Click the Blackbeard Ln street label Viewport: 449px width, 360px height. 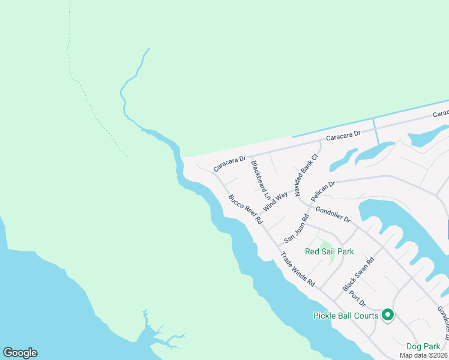pos(261,179)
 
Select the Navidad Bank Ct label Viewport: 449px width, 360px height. pos(306,172)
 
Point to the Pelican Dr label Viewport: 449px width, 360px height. pos(323,191)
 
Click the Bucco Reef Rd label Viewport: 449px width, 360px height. pos(246,209)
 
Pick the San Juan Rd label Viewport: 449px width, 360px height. pos(297,228)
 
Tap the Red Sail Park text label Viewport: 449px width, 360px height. pos(329,252)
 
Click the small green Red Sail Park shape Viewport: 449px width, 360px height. pos(325,244)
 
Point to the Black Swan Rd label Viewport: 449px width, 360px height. pos(358,275)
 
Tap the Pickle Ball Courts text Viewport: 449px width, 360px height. pos(346,316)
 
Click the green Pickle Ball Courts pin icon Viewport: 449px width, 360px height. pos(388,314)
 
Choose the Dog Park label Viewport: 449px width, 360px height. pos(423,346)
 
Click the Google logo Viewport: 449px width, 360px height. pos(20,353)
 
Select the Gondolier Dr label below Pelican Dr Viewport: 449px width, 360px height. pos(333,214)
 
